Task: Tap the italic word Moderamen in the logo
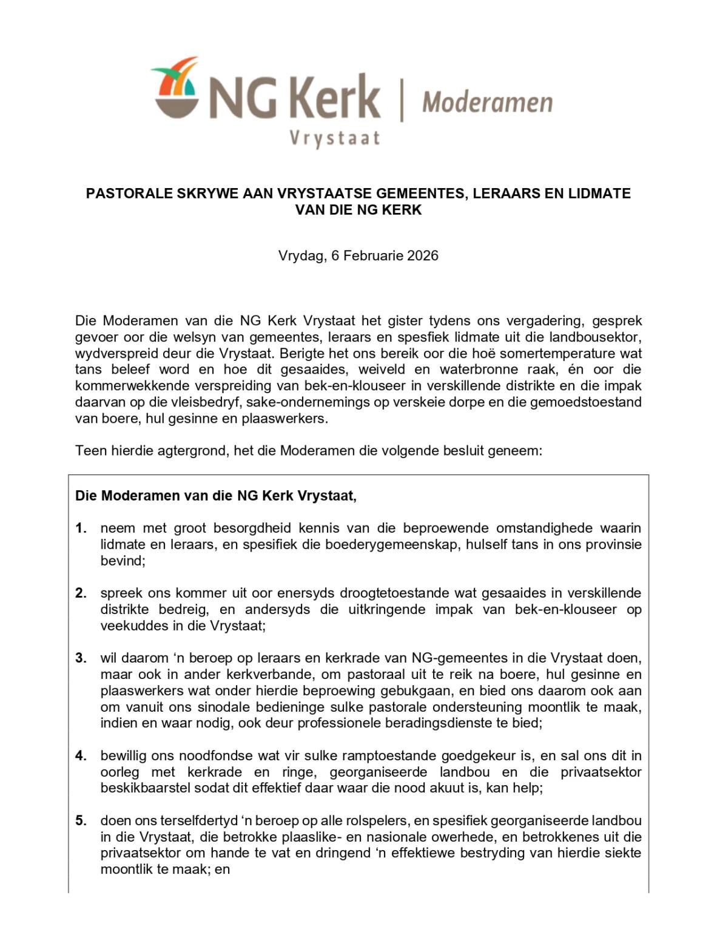click(487, 103)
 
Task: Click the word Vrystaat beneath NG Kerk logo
click(334, 138)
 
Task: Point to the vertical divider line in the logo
click(400, 101)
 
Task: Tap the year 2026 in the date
click(423, 255)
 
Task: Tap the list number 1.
click(81, 528)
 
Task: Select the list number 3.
click(81, 658)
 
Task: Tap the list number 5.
click(81, 821)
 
